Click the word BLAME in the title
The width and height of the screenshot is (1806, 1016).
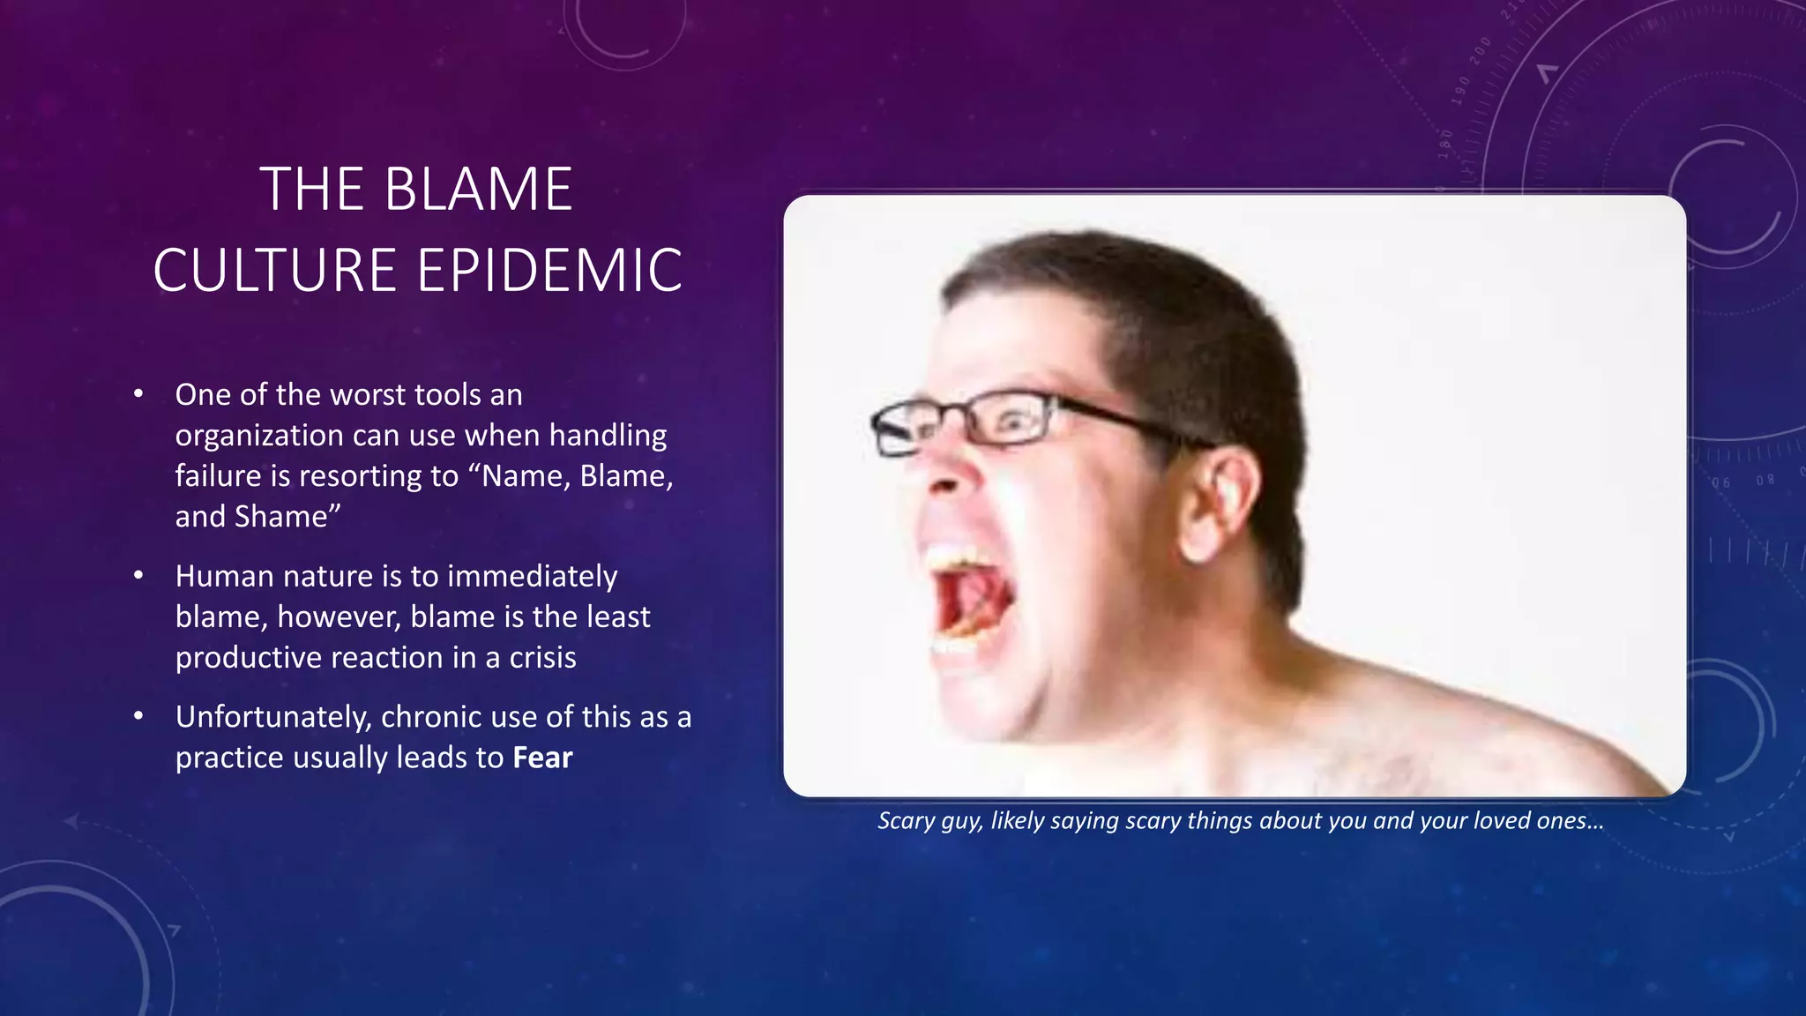tap(479, 190)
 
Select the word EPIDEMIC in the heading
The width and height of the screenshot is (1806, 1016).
tap(549, 270)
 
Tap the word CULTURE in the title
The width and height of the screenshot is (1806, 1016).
tap(274, 270)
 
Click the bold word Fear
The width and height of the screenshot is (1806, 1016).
tap(542, 758)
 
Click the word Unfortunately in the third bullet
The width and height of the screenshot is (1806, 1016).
tap(272, 717)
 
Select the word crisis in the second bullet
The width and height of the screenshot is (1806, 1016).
tap(542, 658)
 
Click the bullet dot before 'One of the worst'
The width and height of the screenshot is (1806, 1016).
tap(138, 394)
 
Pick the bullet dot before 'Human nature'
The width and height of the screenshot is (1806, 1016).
tap(138, 576)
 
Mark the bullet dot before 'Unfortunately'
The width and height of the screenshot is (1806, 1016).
tap(138, 716)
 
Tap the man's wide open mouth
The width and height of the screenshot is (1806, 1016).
tap(970, 600)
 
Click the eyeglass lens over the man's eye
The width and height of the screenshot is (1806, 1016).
tap(1010, 422)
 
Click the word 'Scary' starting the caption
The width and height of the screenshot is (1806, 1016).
tap(906, 821)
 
